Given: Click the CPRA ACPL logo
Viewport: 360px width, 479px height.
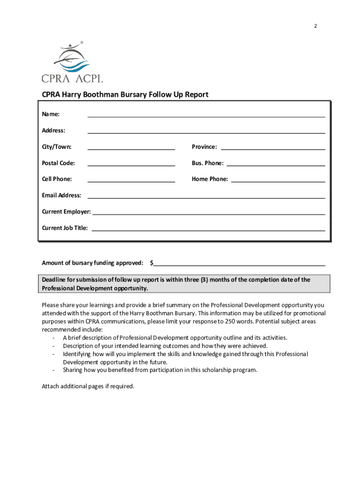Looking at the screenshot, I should [x=72, y=63].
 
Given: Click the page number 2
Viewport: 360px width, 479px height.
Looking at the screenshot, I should [x=315, y=26].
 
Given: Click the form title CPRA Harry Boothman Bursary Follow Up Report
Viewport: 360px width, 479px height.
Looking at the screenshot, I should [x=125, y=95].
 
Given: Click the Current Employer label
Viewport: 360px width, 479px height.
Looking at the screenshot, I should [x=66, y=212].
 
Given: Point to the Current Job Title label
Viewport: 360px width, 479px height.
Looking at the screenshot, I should [x=65, y=228].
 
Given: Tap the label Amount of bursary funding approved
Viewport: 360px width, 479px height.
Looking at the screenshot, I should [x=93, y=263].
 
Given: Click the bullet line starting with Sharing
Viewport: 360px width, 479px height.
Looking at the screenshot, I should [x=160, y=370].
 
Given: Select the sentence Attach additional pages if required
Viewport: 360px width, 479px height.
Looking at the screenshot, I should [x=88, y=386].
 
